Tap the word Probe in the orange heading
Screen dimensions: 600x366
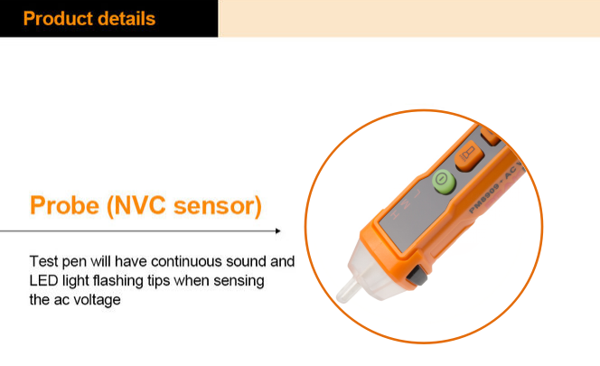[65, 205]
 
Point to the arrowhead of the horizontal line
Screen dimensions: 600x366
[278, 230]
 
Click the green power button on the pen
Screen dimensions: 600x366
[444, 181]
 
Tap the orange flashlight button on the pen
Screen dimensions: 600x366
[469, 155]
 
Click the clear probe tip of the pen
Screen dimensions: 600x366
[348, 291]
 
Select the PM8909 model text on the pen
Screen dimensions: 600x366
[485, 198]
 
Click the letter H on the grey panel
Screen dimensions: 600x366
[395, 216]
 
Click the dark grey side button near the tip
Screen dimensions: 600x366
[417, 276]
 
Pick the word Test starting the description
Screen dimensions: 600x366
[43, 261]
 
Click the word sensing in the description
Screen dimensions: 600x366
[239, 281]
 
